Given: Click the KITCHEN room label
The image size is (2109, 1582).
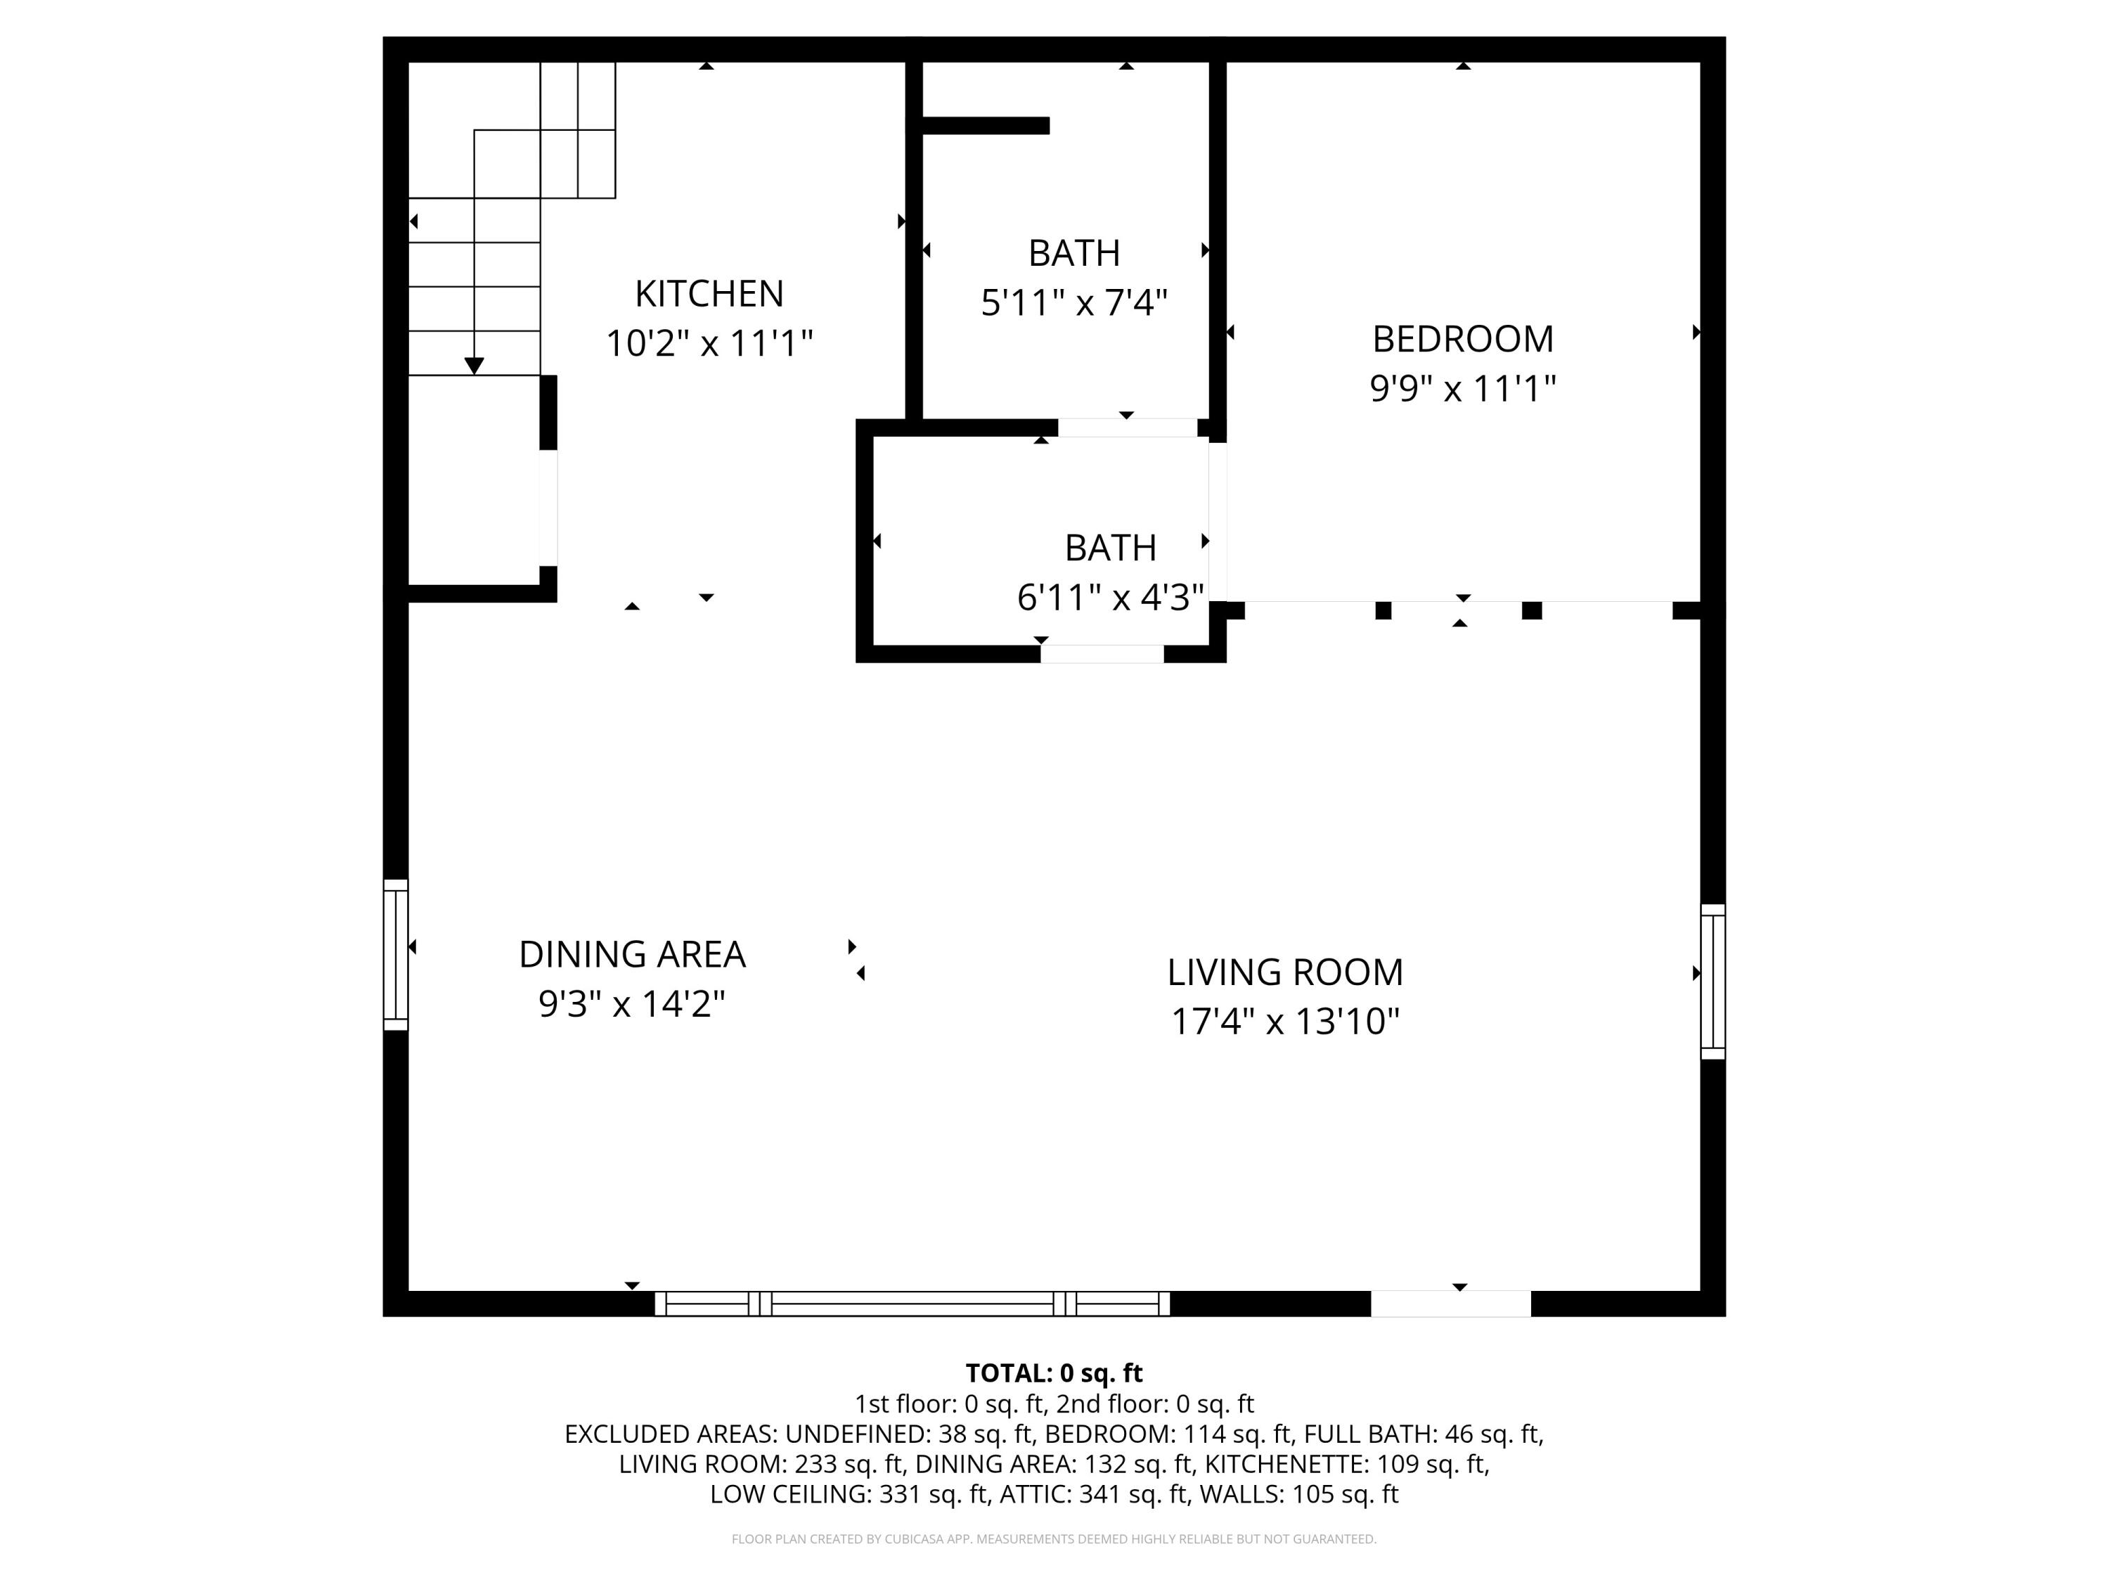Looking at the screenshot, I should (x=709, y=294).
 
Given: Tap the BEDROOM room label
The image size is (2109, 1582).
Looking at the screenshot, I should (x=1462, y=340).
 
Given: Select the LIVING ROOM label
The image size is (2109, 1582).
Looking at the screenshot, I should (x=1284, y=972).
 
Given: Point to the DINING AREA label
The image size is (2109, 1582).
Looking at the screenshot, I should (x=631, y=955).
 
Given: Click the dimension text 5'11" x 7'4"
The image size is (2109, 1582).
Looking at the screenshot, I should (x=1073, y=303).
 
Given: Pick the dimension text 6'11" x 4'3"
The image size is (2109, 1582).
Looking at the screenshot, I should (x=1110, y=598).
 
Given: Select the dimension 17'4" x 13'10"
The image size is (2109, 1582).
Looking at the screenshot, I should (x=1284, y=1022).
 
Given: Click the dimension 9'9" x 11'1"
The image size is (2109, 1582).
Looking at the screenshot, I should (x=1462, y=389).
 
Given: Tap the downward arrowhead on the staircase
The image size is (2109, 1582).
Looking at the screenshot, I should (x=474, y=365).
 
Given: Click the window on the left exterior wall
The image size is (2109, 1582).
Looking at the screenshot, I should (x=396, y=955).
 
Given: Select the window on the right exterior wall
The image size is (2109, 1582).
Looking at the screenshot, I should (x=1713, y=982).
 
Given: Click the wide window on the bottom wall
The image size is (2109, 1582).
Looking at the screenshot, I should (x=912, y=1304).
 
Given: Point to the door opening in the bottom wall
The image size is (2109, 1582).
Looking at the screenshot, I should (x=1450, y=1304).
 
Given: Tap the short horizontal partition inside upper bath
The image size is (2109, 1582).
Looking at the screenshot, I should (x=985, y=126).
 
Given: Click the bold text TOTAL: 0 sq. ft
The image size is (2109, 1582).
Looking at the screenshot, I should (x=1054, y=1373).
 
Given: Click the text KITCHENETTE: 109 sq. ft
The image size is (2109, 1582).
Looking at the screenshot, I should (x=1346, y=1464).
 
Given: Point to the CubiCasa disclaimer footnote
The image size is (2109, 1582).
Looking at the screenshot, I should (x=1054, y=1539).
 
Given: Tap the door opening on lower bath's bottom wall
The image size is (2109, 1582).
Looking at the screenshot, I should (x=1101, y=653).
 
